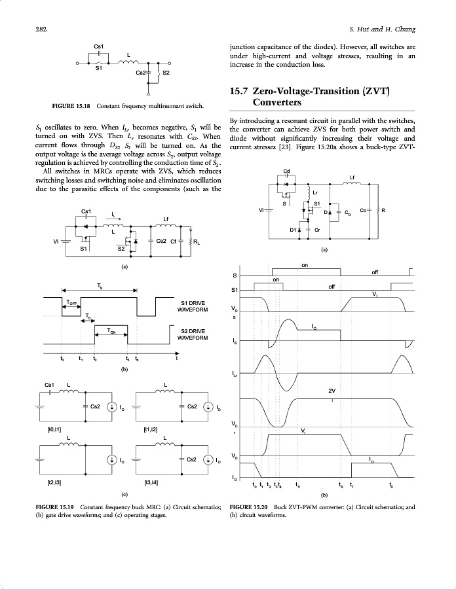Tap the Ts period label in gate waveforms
(99, 286)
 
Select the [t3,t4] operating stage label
(150, 483)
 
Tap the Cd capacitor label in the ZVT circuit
(286, 171)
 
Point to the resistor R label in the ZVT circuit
(383, 210)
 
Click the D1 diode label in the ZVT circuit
(293, 230)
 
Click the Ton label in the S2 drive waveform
(112, 332)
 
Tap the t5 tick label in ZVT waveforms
(298, 485)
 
